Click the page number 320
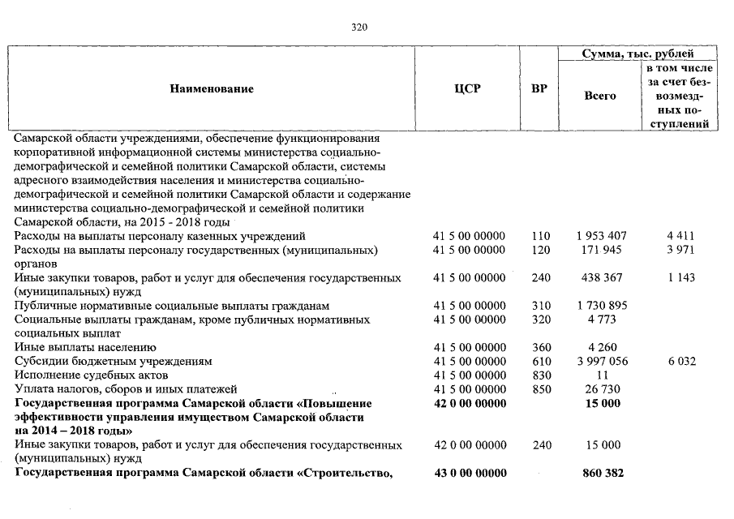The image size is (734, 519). point(360,27)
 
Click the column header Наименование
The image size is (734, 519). point(212,89)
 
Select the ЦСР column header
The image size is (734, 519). point(468,89)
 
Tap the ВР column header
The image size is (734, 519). point(539,89)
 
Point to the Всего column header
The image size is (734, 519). point(600,96)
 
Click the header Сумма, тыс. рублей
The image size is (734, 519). point(638,54)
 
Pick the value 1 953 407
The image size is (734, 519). point(600,236)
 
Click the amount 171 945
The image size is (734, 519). point(601,250)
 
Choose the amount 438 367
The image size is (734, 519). point(601,277)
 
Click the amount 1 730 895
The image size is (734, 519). point(600,305)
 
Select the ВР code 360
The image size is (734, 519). point(541,347)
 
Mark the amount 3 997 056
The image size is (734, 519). point(600,361)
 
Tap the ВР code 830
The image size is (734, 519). point(541,375)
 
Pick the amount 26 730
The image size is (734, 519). point(601,388)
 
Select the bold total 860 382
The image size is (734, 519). point(601,473)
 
